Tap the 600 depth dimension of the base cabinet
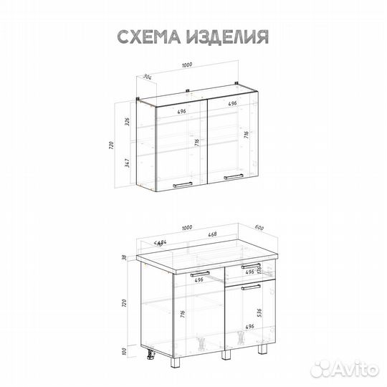point(259,229)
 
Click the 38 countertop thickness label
point(123,258)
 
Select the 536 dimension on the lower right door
point(259,312)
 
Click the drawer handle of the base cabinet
point(249,266)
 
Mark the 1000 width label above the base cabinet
point(188,228)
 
